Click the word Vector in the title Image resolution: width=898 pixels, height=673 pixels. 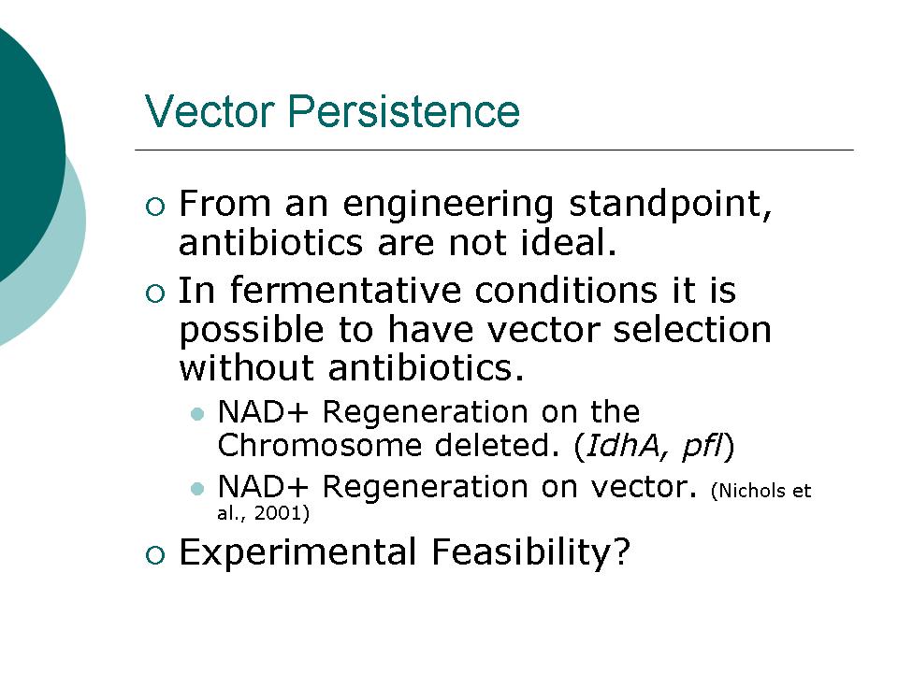[x=210, y=111]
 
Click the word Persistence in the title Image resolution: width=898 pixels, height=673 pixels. [x=404, y=111]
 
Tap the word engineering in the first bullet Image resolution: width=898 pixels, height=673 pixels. [x=448, y=205]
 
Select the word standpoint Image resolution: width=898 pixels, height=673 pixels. [x=670, y=205]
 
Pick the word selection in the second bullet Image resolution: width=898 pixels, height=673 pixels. [x=692, y=330]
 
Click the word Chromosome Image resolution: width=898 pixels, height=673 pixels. [x=320, y=445]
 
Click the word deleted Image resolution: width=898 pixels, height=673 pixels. [x=497, y=445]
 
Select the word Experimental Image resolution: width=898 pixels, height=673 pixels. [x=297, y=552]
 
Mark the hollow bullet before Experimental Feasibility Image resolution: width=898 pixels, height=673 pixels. [x=155, y=554]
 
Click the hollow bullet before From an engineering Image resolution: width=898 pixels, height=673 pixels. [x=155, y=206]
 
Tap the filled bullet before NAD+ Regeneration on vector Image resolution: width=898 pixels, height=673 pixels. [x=197, y=489]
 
